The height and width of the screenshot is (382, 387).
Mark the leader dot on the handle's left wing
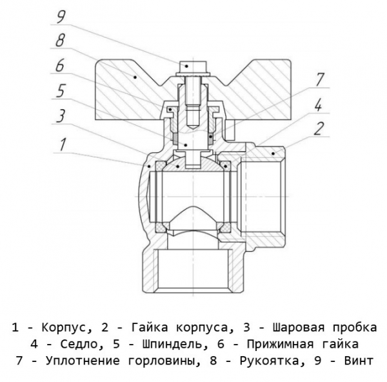point(134,75)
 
